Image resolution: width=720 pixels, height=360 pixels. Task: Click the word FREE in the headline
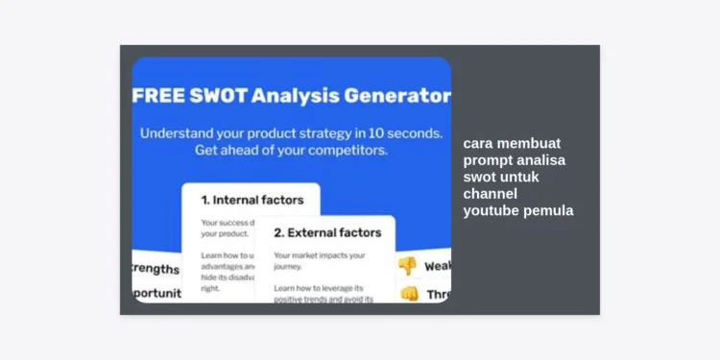coord(160,96)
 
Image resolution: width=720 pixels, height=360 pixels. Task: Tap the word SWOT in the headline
coord(225,96)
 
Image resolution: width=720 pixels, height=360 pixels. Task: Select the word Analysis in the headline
coord(308,96)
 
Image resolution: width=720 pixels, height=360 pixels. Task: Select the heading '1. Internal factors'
coord(252,201)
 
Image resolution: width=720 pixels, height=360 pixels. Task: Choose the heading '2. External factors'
coord(326,232)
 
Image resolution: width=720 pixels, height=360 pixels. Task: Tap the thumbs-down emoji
coord(408,266)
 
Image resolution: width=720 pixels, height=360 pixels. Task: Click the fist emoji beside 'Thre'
coord(409,294)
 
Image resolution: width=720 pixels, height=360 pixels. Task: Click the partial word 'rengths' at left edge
coord(156,269)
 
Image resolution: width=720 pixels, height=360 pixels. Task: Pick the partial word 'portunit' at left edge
coord(156,294)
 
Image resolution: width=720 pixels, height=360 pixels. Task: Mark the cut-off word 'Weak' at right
coord(437,266)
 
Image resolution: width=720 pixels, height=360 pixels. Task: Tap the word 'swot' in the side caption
coord(480,177)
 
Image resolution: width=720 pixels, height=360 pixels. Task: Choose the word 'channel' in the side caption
coord(490,194)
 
